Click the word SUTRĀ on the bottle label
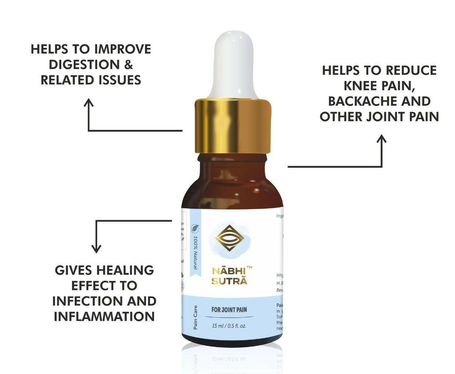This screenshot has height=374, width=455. click(x=229, y=281)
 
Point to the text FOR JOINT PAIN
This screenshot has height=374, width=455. click(x=229, y=310)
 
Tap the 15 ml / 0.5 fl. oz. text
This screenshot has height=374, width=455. click(x=229, y=326)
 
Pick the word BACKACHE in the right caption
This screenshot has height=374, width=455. click(x=355, y=101)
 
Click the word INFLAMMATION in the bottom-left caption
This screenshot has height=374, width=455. click(x=104, y=316)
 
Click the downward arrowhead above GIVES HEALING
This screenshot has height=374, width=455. click(x=96, y=249)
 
